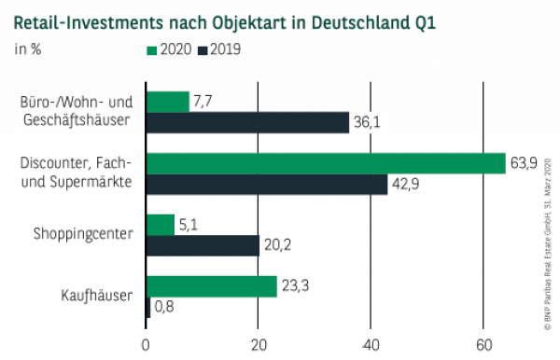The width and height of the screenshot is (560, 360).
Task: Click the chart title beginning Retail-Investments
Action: click(x=224, y=19)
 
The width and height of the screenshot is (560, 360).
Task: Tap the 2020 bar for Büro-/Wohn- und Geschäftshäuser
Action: click(x=168, y=102)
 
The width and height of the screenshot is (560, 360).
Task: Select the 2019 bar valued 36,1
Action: click(x=247, y=123)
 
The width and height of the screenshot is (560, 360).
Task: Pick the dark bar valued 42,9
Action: click(x=266, y=184)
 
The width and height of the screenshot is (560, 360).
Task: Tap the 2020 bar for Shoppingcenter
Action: click(x=161, y=225)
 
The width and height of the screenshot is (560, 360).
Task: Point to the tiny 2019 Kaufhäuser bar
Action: click(x=147, y=307)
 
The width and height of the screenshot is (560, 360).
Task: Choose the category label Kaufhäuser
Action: click(x=99, y=297)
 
